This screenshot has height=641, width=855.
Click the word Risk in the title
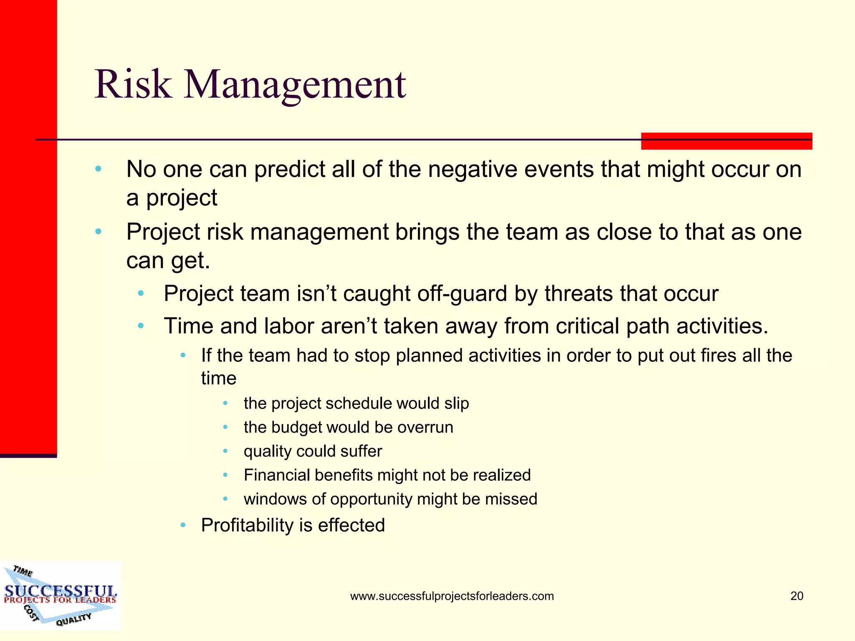[x=133, y=85]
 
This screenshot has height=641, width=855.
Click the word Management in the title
[x=295, y=85]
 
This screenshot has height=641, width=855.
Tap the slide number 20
[x=797, y=596]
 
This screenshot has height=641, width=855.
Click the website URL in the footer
[x=452, y=596]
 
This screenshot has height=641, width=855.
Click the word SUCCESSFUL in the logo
[x=61, y=591]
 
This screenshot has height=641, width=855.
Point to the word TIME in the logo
[x=23, y=571]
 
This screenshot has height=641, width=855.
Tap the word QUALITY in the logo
[x=73, y=619]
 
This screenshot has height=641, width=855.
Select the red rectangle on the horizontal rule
[x=726, y=141]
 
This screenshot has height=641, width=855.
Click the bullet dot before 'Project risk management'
[x=99, y=232]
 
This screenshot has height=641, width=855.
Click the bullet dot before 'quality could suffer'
[x=225, y=451]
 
